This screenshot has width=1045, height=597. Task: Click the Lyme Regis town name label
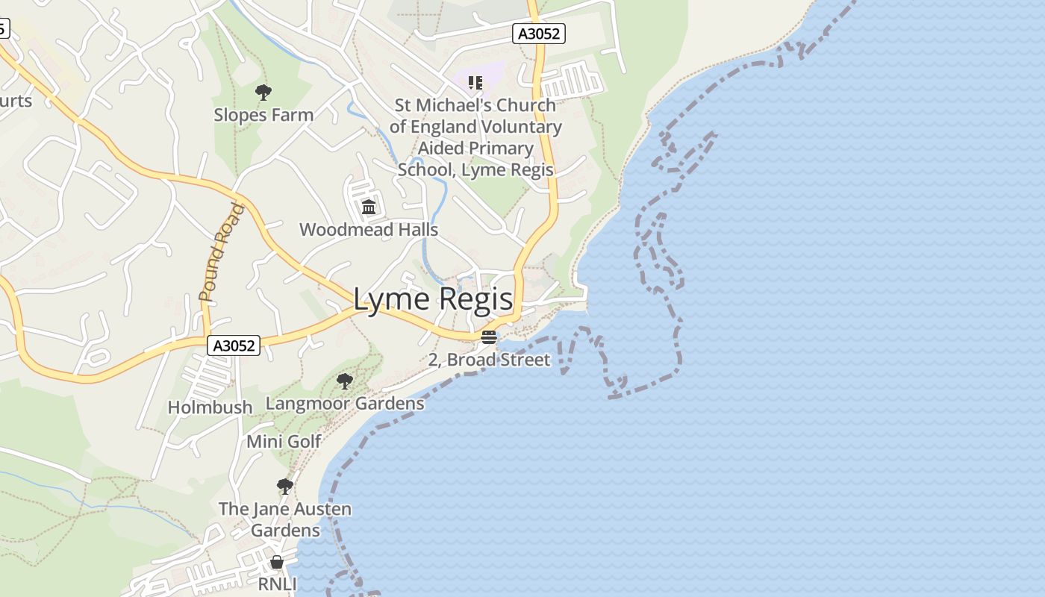click(x=433, y=299)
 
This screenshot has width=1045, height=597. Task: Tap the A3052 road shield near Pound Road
click(x=234, y=346)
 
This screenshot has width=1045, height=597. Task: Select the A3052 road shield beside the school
click(x=539, y=33)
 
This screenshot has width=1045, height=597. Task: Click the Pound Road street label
click(x=222, y=253)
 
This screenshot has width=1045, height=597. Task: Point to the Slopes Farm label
click(x=263, y=115)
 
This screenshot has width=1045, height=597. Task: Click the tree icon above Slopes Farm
click(x=263, y=93)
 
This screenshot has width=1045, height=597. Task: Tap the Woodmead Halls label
click(x=369, y=229)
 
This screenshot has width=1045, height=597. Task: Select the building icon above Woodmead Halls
click(x=369, y=207)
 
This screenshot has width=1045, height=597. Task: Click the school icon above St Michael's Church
click(x=475, y=82)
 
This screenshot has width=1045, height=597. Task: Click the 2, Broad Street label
click(x=489, y=360)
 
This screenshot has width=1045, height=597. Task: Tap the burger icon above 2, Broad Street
click(x=489, y=337)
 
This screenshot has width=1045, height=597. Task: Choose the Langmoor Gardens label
click(x=345, y=404)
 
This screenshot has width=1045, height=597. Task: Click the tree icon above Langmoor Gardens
click(x=344, y=381)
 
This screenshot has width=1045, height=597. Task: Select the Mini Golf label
click(x=284, y=441)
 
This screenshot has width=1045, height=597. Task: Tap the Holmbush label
click(x=210, y=407)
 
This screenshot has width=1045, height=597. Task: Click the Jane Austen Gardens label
click(x=285, y=519)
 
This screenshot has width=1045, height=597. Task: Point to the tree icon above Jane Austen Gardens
click(x=284, y=487)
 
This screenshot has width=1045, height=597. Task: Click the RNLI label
click(x=277, y=584)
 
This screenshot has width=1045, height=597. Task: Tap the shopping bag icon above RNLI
click(x=277, y=562)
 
